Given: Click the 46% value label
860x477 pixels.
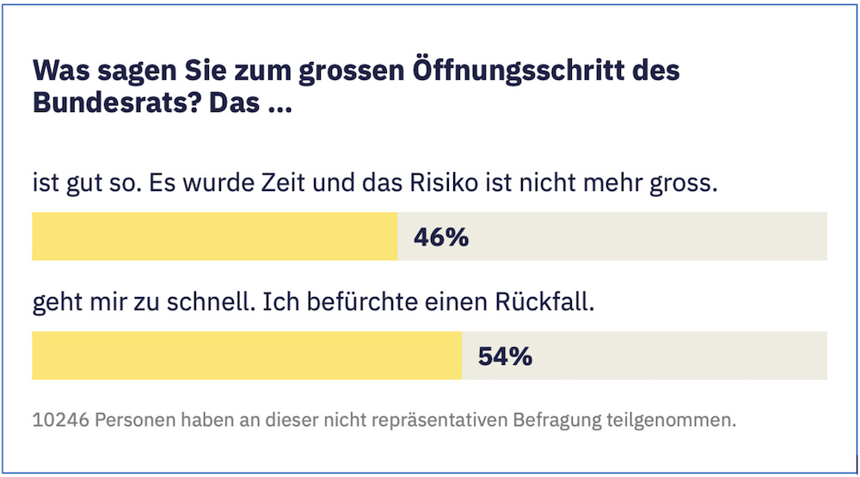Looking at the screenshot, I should point(441,237).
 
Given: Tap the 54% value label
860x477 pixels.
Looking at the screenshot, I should point(505,356).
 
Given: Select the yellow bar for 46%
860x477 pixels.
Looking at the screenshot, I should point(215,237).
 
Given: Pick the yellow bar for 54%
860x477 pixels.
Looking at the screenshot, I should point(247,356).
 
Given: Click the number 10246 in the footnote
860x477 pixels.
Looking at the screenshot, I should point(59,422).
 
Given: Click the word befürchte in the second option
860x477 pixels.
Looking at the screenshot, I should point(365,304).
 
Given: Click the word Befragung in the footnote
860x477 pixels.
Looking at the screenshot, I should point(552,422).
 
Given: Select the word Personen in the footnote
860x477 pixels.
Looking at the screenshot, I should point(133,422).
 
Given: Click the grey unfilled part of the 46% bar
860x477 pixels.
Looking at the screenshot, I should point(654,237).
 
